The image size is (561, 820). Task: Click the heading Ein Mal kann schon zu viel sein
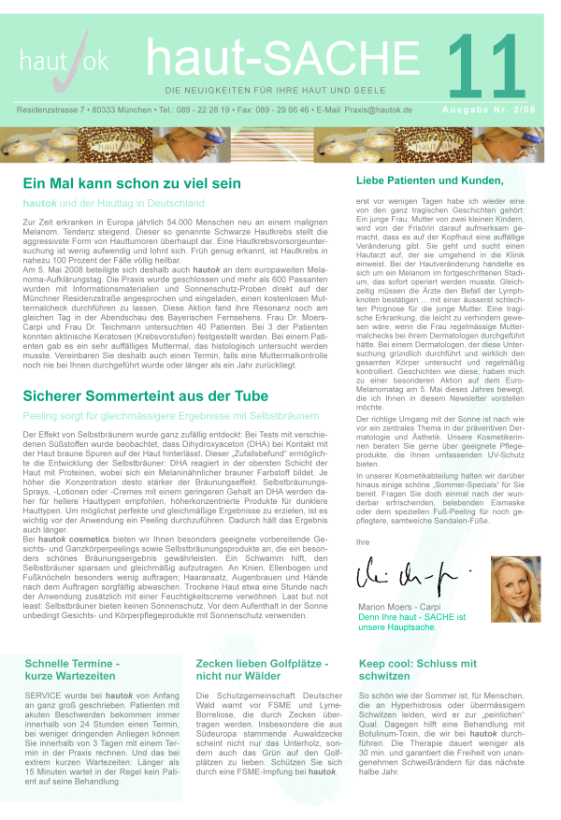(x=132, y=184)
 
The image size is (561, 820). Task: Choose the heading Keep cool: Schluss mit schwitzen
(x=417, y=669)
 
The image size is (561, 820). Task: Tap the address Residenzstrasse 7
(x=57, y=110)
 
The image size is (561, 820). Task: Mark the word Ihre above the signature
(x=365, y=541)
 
